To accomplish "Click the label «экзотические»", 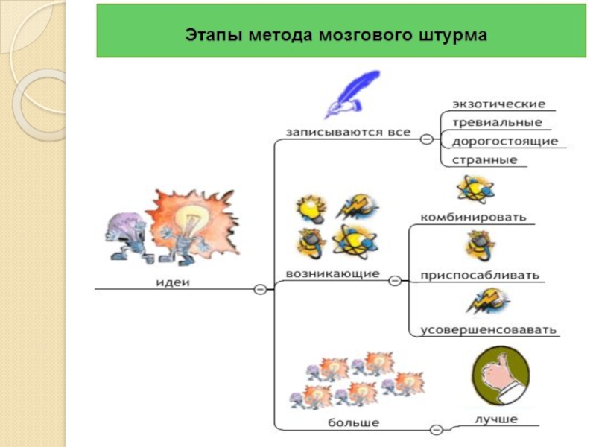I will click(x=498, y=104).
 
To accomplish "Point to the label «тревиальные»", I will click(x=497, y=123).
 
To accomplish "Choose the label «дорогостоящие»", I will click(x=504, y=141).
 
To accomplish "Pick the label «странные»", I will click(x=484, y=159).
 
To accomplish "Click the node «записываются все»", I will click(x=349, y=132).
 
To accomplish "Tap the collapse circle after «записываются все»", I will click(x=426, y=139).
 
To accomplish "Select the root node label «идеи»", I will click(x=173, y=282).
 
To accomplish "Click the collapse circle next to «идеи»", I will click(x=260, y=289).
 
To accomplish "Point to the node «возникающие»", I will click(x=332, y=274).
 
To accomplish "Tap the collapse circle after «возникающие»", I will click(x=395, y=281).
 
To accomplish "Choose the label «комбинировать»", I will click(x=473, y=217).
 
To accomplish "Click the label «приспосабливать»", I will click(x=479, y=275).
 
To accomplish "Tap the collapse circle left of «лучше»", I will click(x=437, y=429).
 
